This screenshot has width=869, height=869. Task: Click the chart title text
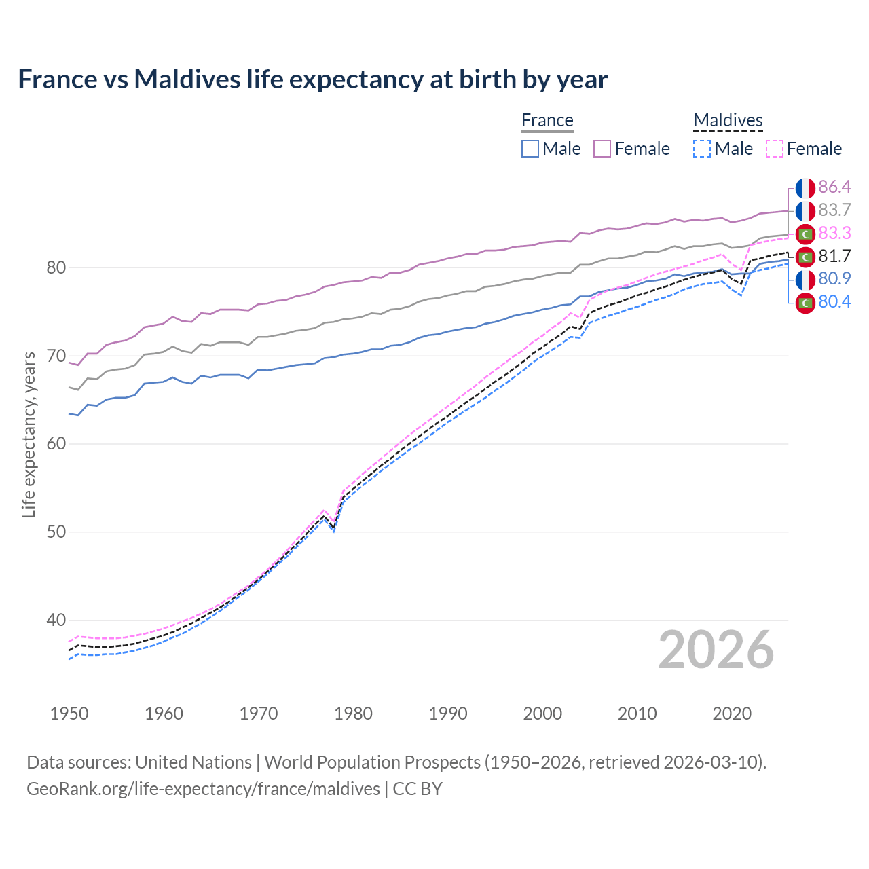point(312,79)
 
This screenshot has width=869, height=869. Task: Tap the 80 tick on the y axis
point(56,268)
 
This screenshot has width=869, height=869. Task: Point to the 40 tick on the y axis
point(56,620)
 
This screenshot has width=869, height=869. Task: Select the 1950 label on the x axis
point(69,714)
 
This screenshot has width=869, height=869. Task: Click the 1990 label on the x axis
point(448,714)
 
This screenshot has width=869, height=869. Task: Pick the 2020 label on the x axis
point(732,714)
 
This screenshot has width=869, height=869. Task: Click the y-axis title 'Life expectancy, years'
point(29,434)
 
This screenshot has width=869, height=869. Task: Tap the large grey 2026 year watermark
point(716,650)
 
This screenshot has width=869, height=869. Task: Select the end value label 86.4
point(834,187)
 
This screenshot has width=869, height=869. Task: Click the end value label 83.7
point(834,210)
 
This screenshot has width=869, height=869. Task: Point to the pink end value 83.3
point(834,234)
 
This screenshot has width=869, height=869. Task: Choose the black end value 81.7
point(834,257)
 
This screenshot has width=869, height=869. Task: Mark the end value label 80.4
point(834,302)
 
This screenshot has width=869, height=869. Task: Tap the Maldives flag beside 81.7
point(805,257)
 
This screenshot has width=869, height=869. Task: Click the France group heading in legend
point(547,121)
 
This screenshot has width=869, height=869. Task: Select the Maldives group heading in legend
point(728,121)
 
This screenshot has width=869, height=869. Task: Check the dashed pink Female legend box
point(774,149)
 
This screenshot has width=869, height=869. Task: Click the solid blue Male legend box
point(530,149)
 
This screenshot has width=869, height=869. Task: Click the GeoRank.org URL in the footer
point(203,789)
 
